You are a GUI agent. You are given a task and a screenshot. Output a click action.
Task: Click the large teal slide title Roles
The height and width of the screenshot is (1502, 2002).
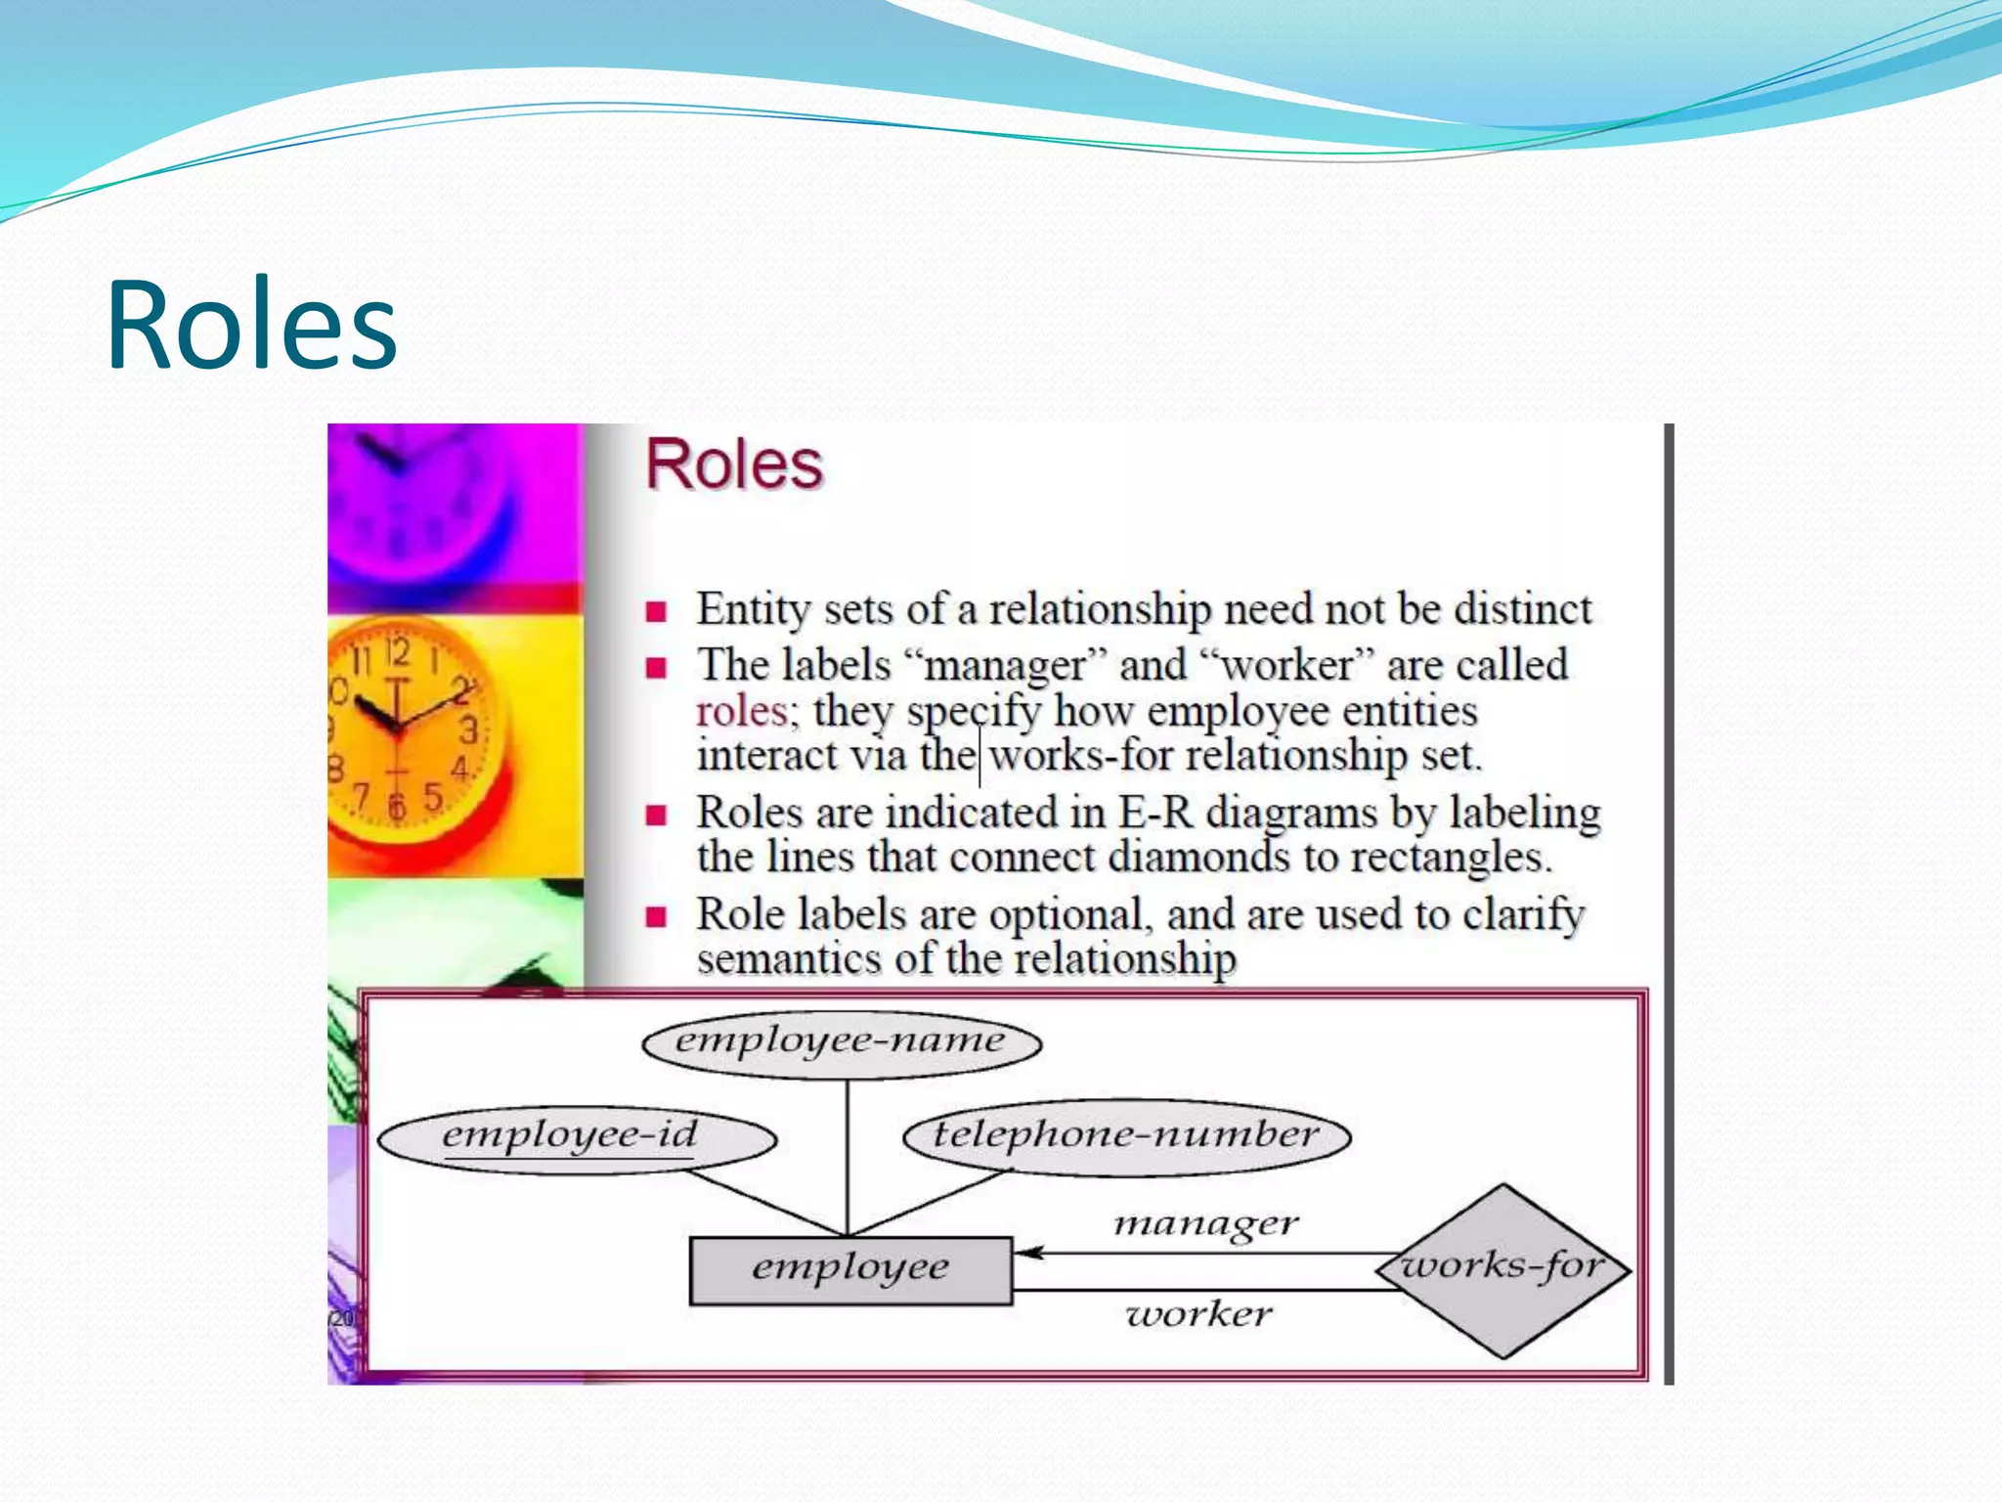251,325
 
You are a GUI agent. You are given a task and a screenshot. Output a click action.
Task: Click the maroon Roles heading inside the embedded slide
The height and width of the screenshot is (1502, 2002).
734,464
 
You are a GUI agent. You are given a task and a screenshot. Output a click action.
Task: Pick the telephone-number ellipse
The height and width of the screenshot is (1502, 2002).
1126,1136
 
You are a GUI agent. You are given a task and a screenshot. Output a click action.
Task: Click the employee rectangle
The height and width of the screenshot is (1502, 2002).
849,1270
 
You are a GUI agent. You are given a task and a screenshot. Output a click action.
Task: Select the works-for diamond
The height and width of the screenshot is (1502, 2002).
1502,1269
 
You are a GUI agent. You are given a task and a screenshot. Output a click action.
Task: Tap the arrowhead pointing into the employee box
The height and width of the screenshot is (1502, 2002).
1026,1253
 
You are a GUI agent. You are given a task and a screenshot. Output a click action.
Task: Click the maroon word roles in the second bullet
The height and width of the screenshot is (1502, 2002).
741,712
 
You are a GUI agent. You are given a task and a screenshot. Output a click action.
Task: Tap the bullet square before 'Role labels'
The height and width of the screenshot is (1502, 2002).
656,917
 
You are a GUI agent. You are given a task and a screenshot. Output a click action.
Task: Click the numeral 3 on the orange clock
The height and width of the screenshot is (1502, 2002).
468,729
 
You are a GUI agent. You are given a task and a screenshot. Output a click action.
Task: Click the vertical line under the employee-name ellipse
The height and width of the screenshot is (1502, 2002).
848,1154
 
